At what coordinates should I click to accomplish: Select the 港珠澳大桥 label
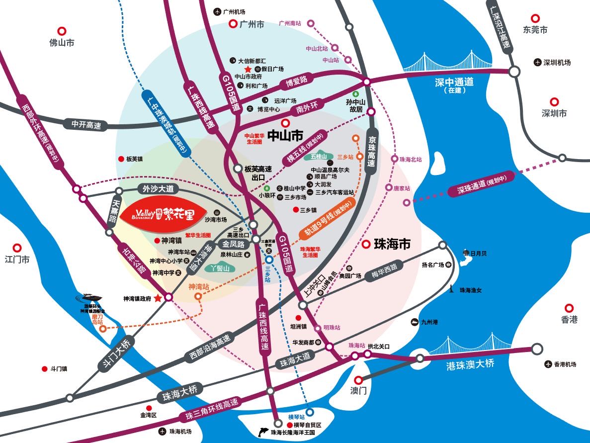471,364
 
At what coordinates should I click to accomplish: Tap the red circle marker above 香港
570,307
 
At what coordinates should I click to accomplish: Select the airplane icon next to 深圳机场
537,62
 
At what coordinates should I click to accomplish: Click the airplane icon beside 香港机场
548,364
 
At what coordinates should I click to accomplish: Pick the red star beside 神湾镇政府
158,298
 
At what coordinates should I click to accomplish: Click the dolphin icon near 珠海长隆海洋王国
263,432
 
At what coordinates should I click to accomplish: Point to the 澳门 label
358,391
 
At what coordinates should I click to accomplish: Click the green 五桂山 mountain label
318,157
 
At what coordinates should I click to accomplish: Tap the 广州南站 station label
290,23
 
